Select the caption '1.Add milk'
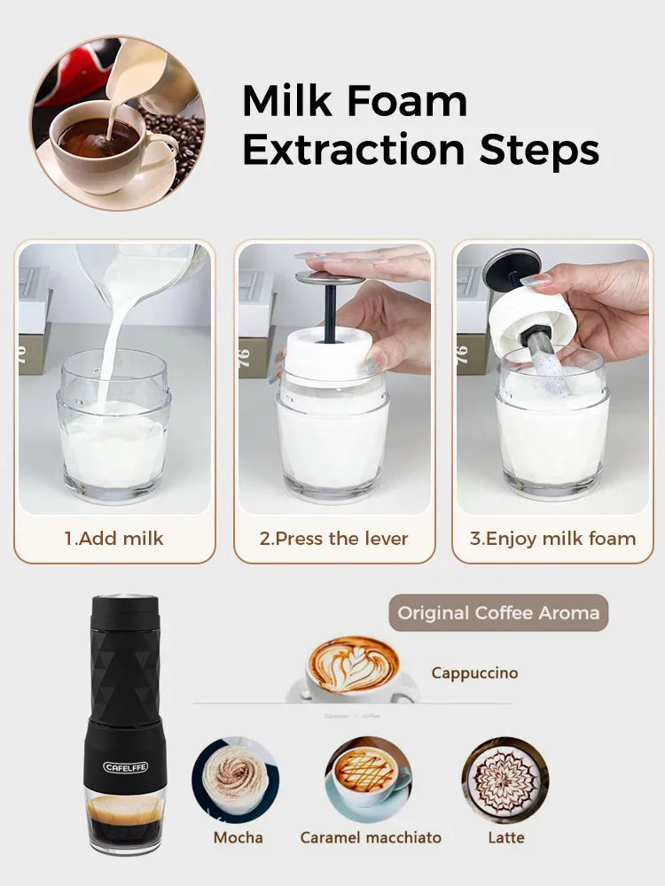[113, 538]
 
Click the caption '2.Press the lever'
[333, 538]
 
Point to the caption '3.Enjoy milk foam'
[552, 538]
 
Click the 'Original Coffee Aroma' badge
[498, 612]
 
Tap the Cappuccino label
[474, 672]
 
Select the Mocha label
[238, 837]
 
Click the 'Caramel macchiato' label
[371, 837]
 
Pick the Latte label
[506, 837]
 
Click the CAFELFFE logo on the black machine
[125, 766]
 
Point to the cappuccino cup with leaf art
[353, 666]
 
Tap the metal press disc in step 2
[330, 278]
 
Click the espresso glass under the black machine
[125, 820]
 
